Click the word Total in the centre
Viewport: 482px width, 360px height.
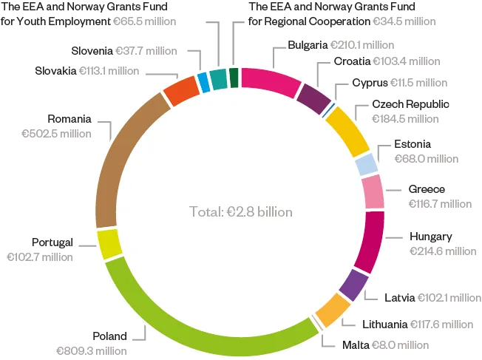(204, 212)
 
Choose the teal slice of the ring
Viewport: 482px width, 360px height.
(217, 78)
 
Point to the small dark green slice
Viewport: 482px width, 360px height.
(234, 77)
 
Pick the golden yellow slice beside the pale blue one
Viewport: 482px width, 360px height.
(346, 129)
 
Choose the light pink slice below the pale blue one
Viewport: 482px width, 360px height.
(373, 192)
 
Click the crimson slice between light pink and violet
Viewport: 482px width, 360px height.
(370, 241)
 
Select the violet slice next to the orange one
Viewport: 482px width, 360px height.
(354, 285)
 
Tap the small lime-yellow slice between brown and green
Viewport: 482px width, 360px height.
(109, 245)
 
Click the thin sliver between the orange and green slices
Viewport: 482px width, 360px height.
(319, 320)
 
